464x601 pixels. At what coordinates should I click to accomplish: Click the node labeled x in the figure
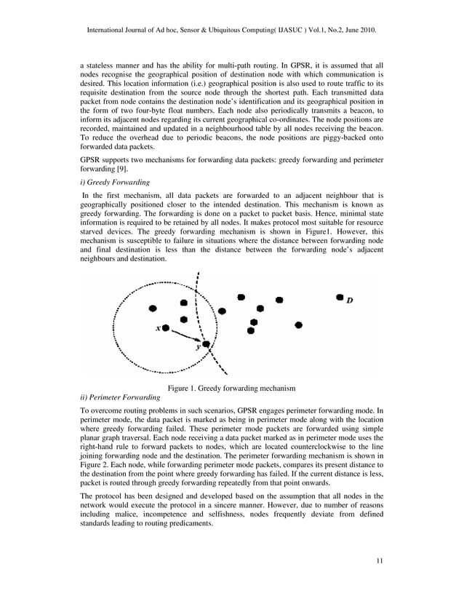tap(166, 328)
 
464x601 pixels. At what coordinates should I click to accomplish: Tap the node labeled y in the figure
tap(207, 344)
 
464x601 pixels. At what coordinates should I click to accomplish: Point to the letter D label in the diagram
tap(351, 300)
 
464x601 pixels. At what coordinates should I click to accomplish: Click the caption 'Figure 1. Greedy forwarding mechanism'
tap(231, 388)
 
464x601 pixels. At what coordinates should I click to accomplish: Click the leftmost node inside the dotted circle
tap(151, 309)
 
